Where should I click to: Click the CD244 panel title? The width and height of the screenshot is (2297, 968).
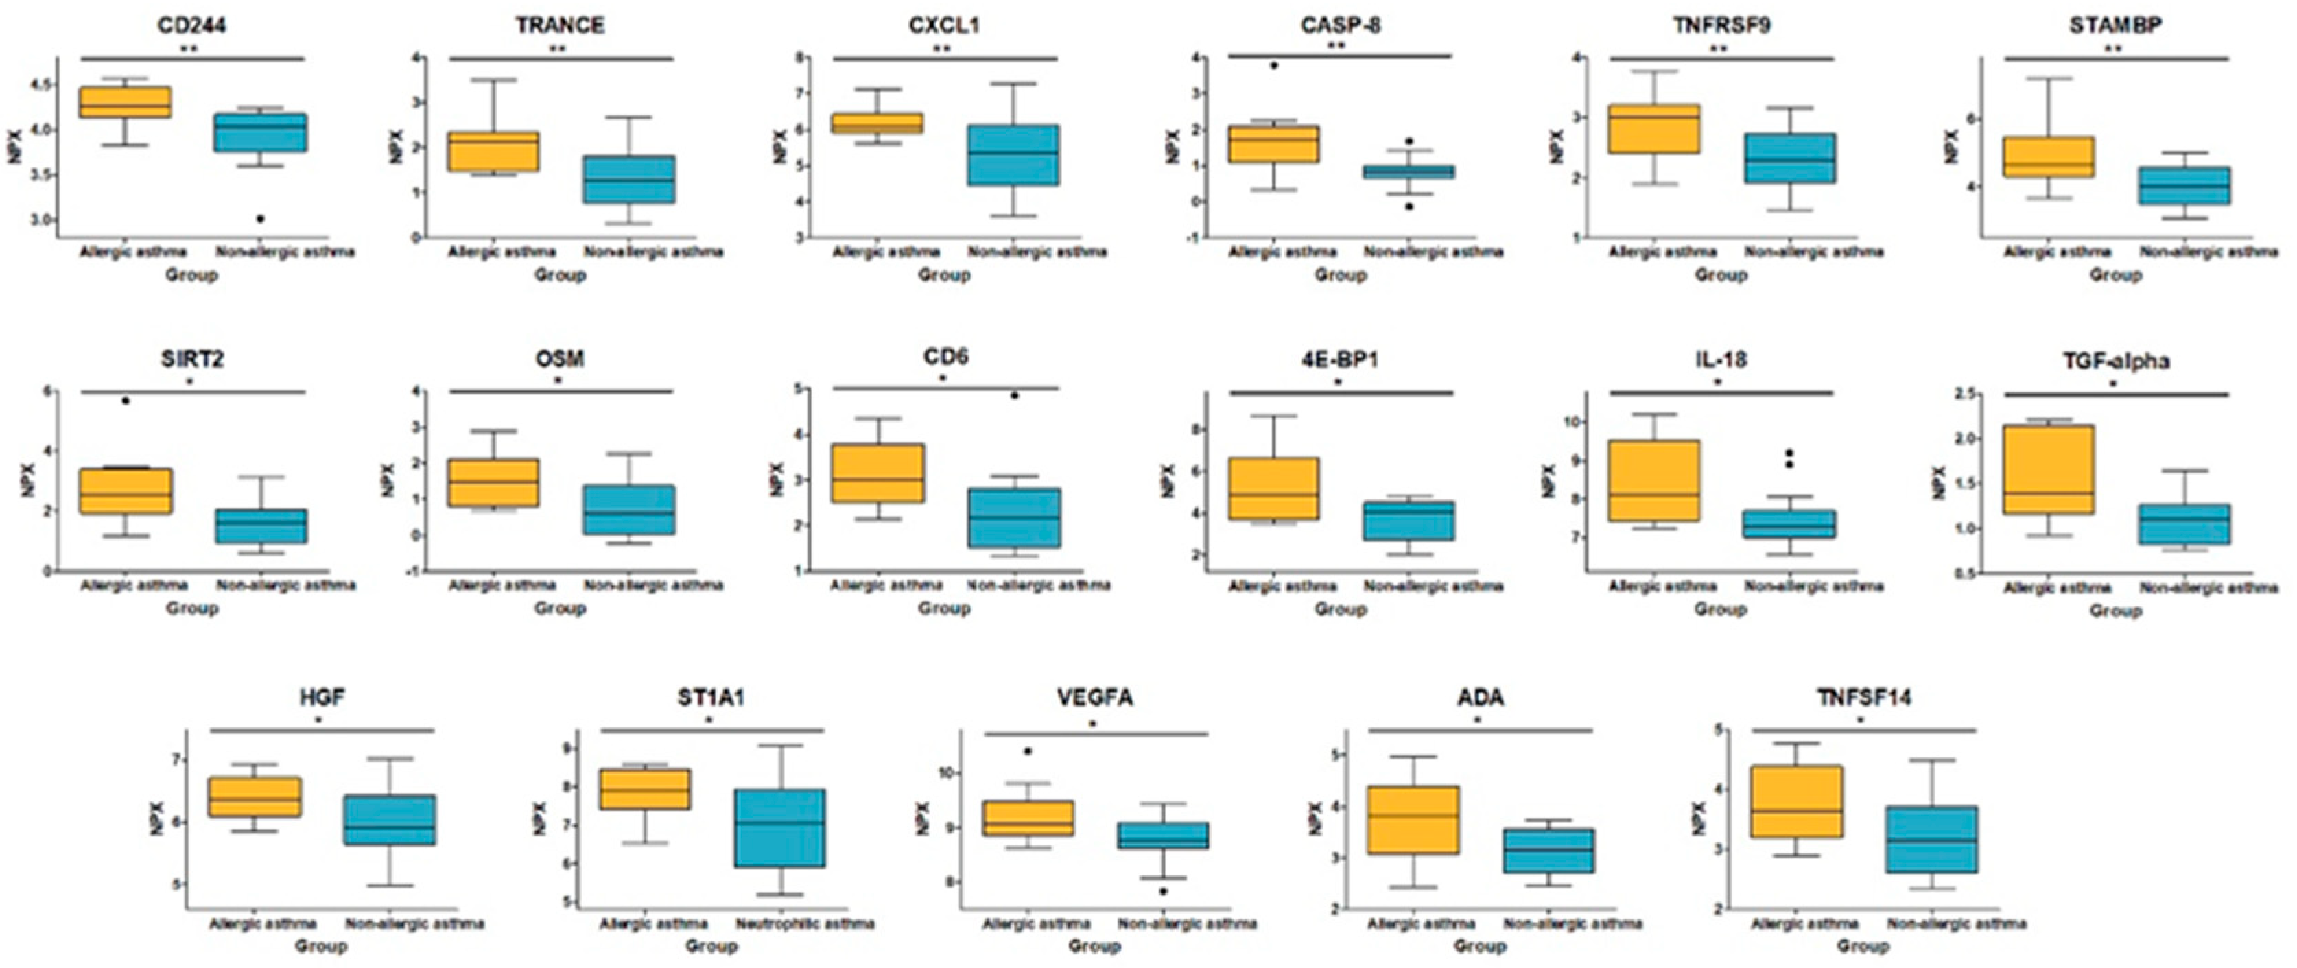pos(191,24)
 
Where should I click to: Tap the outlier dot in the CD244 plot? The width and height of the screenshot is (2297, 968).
pos(259,218)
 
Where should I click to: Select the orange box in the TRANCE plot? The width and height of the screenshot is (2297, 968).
pos(493,152)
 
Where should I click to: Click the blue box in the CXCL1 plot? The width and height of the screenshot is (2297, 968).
pos(1014,155)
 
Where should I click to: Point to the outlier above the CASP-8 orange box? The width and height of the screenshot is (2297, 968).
pos(1273,66)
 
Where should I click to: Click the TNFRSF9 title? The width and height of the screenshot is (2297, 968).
pos(1721,24)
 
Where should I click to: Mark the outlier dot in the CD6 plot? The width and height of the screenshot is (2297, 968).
pos(1014,395)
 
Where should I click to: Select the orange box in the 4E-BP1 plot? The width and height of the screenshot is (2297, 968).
pos(1273,488)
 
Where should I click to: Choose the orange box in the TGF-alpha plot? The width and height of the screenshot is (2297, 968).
pos(2048,469)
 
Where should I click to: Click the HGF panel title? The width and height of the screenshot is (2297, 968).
pos(322,698)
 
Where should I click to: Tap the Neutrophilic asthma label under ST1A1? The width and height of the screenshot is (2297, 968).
pos(804,923)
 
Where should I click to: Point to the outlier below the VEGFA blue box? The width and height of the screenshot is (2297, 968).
pos(1163,891)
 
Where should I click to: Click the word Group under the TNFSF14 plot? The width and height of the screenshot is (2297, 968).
pos(1863,946)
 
